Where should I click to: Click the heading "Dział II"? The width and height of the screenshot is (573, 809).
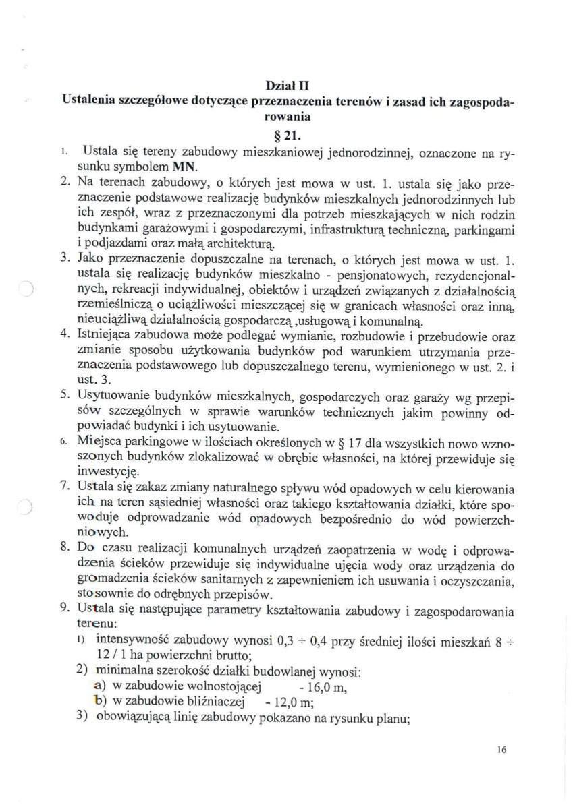pos(287,86)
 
